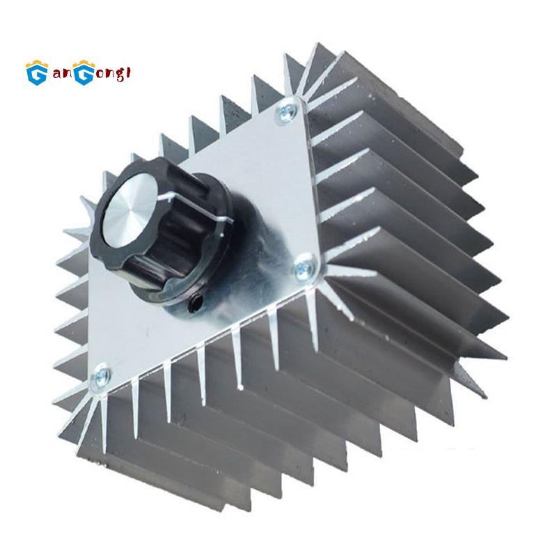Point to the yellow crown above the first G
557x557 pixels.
(x=36, y=61)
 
